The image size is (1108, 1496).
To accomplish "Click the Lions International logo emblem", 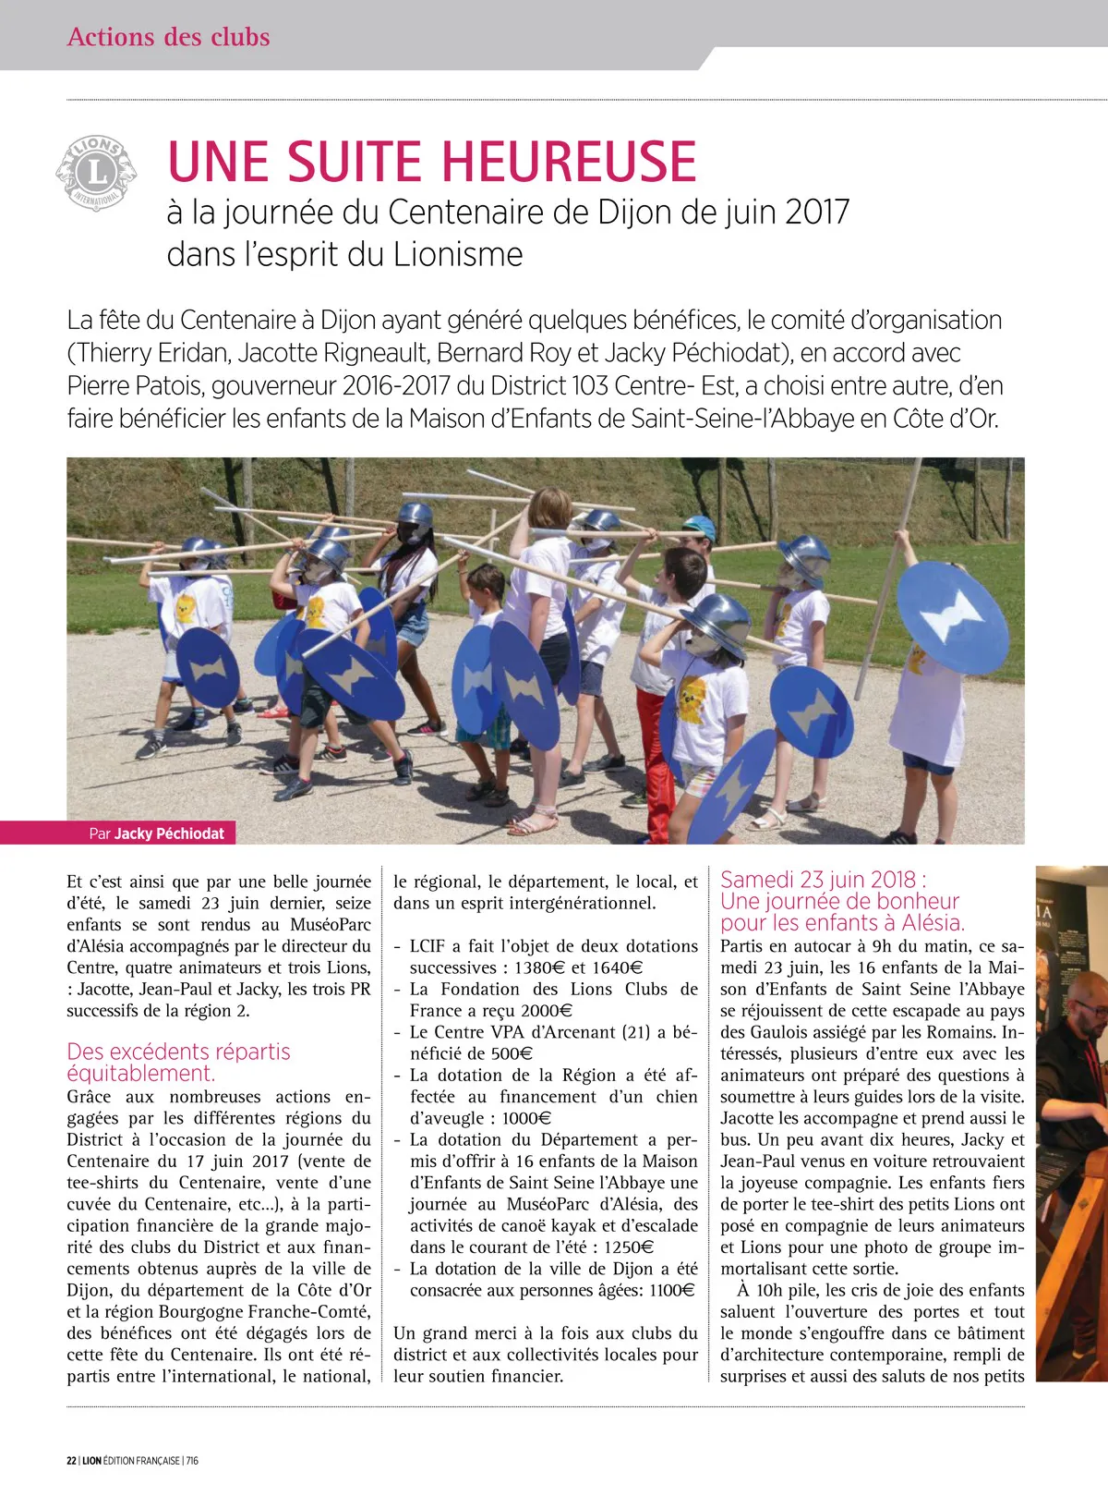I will coord(96,172).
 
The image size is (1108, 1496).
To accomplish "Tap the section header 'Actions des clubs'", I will coord(168,37).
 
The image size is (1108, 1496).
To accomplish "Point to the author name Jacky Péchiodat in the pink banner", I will coord(169,833).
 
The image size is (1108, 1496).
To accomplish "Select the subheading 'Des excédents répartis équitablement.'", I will coord(178,1063).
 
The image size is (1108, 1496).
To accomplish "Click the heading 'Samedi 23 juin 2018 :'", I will coord(824,880).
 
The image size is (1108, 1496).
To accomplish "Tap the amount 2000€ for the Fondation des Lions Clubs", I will coord(547,1011).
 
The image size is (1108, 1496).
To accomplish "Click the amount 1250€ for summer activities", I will coord(629,1247).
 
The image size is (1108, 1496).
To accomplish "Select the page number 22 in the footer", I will coord(71,1461).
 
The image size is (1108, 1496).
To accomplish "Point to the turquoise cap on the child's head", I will coord(699,529).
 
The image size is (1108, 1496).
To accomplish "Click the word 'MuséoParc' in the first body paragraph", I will coord(331,925).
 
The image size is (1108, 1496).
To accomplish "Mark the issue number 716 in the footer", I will coord(192,1461).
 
